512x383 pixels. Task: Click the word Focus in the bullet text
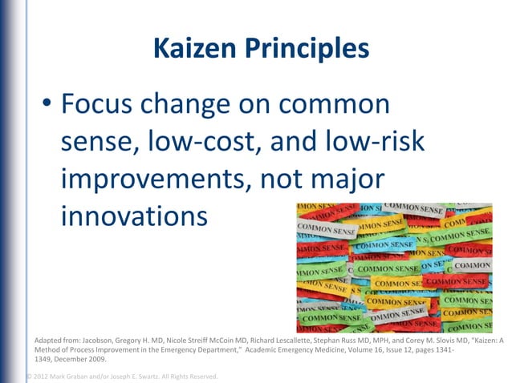point(100,105)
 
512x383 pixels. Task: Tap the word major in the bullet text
point(342,179)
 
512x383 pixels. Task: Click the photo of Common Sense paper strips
point(393,267)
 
